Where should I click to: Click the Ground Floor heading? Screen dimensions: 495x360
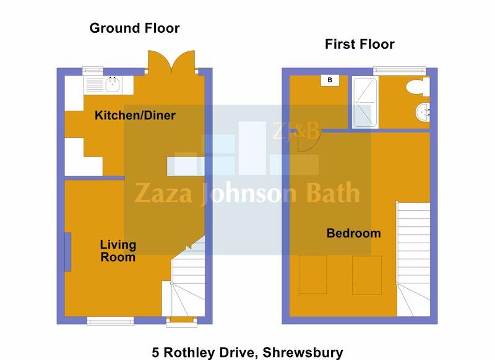(134, 28)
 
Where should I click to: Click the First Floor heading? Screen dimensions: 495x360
(359, 44)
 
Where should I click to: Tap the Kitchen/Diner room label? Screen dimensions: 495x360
(135, 116)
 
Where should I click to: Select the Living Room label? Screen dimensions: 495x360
(118, 251)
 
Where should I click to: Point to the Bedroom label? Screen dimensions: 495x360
(353, 233)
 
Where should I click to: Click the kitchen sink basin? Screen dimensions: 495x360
(113, 85)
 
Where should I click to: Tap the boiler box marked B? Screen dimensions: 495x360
(330, 80)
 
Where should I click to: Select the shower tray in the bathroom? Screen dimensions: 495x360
(365, 102)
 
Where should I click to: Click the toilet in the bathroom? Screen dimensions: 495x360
(418, 87)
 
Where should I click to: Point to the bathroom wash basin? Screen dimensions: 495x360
(423, 113)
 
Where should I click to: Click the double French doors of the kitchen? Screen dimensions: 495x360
(171, 62)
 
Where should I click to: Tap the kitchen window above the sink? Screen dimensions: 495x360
(93, 71)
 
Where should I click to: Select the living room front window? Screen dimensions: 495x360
(111, 321)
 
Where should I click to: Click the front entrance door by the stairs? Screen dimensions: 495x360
(181, 320)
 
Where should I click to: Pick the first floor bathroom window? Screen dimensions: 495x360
(400, 71)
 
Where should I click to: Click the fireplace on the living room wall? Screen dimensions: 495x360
(67, 252)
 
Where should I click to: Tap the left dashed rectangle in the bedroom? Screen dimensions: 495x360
(312, 275)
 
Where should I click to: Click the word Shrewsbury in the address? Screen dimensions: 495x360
(303, 353)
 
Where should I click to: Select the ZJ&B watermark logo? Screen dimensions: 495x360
(295, 131)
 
